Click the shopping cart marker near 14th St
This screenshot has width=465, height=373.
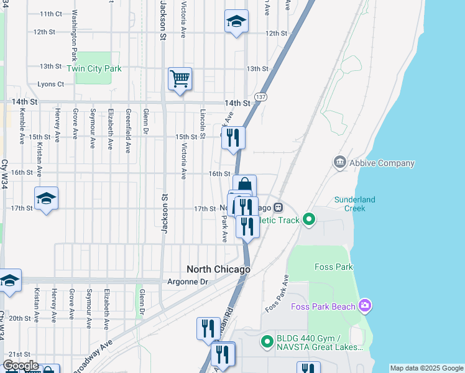tap(180, 80)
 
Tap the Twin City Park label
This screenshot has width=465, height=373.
tap(94, 69)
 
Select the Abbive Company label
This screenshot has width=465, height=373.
tap(382, 163)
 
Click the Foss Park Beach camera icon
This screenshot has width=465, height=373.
tap(365, 306)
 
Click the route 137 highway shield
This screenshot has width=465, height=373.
tap(261, 97)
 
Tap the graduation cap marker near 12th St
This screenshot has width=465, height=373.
tap(236, 22)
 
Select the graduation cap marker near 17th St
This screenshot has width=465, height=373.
tap(46, 199)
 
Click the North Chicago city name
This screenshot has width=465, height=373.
tap(219, 270)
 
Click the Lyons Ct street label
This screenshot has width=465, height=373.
tap(51, 84)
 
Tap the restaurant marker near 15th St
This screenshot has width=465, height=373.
tap(233, 138)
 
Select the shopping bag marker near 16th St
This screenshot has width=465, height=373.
tap(245, 185)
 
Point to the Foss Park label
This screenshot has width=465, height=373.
tap(334, 267)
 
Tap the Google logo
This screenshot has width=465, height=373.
tap(21, 366)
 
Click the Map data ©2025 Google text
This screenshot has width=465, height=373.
tap(426, 369)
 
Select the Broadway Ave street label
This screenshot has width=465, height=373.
tap(92, 356)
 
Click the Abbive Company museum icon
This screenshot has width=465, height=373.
tap(340, 163)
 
